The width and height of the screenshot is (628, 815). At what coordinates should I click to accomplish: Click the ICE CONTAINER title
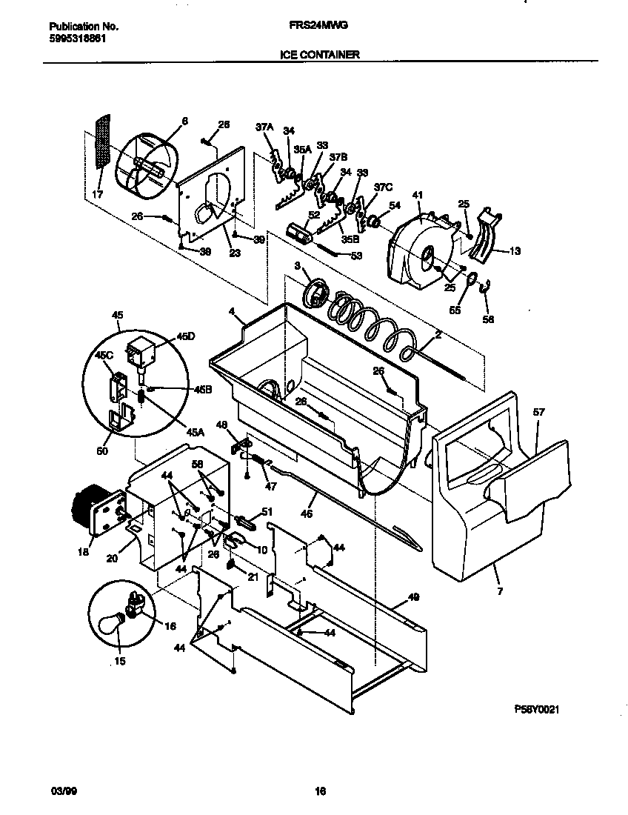point(320,54)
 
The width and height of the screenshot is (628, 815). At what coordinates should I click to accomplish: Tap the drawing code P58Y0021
point(535,709)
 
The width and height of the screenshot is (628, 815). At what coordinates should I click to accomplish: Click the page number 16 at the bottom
point(320,791)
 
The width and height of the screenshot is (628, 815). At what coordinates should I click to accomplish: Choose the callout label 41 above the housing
point(417,196)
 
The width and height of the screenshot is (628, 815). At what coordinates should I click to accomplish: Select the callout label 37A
point(264,128)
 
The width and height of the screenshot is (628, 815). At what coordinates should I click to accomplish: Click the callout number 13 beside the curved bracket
point(514,251)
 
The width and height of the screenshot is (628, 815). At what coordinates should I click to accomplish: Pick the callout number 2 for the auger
point(438,336)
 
